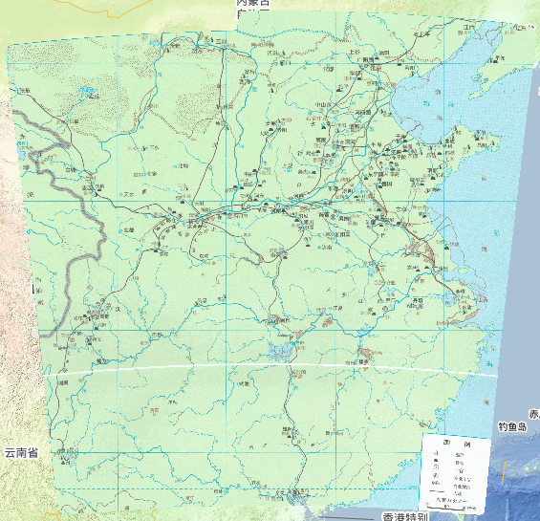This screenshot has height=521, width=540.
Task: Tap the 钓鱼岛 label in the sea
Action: pos(513,426)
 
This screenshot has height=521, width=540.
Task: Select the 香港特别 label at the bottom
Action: pos(393,514)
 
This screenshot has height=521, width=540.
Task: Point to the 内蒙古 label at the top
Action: pos(253,4)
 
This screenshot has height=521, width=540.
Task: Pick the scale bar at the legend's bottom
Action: pos(457,507)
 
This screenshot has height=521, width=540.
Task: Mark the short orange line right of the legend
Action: pos(505,469)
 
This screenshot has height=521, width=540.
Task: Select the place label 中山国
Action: pos(322,103)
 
